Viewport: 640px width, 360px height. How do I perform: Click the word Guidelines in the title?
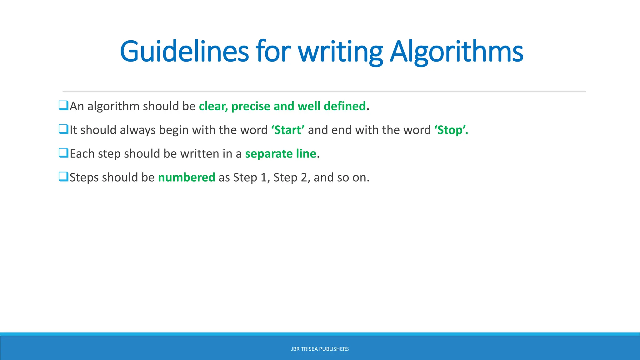point(184,51)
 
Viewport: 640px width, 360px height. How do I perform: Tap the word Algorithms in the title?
point(457,51)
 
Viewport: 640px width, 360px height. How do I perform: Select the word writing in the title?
point(340,51)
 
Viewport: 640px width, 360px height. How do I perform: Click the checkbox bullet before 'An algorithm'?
point(63,106)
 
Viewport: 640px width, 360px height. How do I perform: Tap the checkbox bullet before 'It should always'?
point(63,129)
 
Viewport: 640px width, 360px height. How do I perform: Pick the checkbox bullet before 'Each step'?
point(63,153)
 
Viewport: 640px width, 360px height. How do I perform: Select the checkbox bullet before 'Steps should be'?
point(63,177)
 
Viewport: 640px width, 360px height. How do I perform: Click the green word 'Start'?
point(288,130)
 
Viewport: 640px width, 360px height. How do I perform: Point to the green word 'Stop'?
point(450,130)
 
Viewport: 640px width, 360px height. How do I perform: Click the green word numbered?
point(187,177)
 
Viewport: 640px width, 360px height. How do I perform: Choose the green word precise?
point(251,106)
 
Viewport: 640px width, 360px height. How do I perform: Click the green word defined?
point(345,106)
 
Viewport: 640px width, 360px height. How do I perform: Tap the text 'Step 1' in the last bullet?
point(251,177)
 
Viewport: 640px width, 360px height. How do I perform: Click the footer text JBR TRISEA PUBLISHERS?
point(320,349)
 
